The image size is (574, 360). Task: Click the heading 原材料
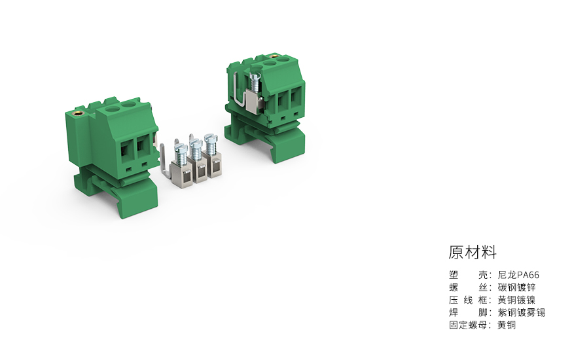pos(473,253)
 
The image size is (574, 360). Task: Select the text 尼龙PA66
pos(518,275)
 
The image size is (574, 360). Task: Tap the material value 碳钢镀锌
pos(516,287)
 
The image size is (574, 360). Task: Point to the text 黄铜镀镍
pos(516,300)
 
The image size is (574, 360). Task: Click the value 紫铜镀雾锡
pos(521,312)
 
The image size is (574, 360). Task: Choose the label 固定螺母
pos(467,325)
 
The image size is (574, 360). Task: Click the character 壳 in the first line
pos(482,275)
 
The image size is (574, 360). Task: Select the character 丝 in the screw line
pos(482,287)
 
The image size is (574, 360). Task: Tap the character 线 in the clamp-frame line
pos(468,300)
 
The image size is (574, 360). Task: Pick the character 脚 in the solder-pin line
pos(482,312)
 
